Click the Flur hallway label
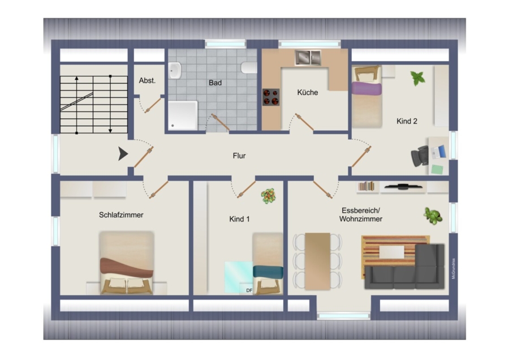(239, 156)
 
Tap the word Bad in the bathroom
(215, 83)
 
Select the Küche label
(308, 92)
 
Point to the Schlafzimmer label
(121, 215)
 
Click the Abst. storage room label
(147, 80)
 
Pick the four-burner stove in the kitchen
(271, 97)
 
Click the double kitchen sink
(308, 58)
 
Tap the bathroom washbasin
(175, 71)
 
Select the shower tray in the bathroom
(183, 115)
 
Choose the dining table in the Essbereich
(317, 261)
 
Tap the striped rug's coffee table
(392, 252)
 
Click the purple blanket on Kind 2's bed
(367, 88)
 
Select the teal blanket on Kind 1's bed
(268, 272)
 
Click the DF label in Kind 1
(249, 290)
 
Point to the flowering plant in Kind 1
(269, 196)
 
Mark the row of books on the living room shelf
(366, 186)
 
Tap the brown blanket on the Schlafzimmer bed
(127, 267)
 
